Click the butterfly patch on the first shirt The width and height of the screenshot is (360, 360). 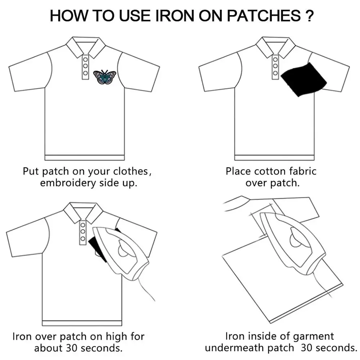click(x=105, y=77)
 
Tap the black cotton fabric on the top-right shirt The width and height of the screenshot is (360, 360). click(x=303, y=80)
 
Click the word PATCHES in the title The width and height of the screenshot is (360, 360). click(x=264, y=16)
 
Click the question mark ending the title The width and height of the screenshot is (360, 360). click(x=310, y=16)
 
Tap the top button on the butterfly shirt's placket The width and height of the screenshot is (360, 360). click(x=85, y=60)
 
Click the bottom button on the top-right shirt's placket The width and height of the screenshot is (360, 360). click(x=275, y=73)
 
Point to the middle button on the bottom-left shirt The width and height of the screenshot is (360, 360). click(x=83, y=231)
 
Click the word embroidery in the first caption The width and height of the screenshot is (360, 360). click(x=68, y=183)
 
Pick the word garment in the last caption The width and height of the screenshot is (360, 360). click(x=314, y=337)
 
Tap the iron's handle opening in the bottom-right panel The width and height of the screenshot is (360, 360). click(x=298, y=239)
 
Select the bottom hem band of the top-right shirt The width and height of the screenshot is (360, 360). click(x=274, y=158)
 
